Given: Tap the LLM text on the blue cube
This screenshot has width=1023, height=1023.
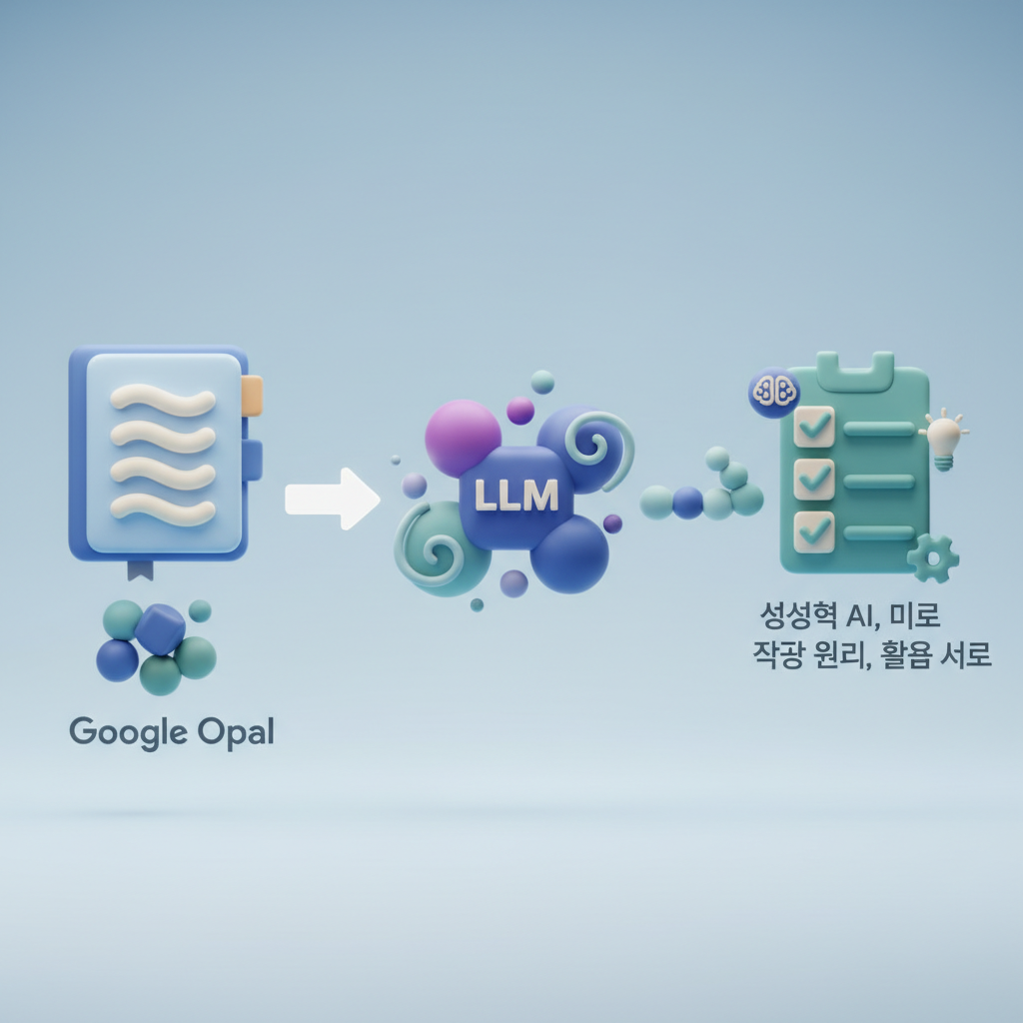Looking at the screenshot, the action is point(515,496).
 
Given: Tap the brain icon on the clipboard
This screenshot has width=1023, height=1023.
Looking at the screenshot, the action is point(773,391).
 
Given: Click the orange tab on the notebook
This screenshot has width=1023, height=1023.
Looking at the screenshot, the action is point(252,396).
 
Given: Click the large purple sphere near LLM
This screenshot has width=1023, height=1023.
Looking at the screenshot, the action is point(463,436).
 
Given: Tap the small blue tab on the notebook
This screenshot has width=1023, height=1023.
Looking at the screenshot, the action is point(253,460).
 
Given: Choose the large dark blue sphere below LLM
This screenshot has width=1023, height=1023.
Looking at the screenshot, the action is point(569,555).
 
